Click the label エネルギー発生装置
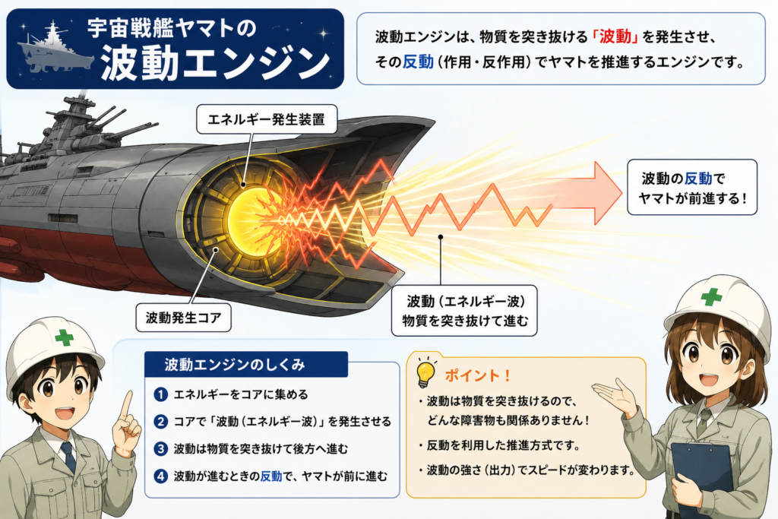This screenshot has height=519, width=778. pos(267,119)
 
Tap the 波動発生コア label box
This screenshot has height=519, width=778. pos(184,318)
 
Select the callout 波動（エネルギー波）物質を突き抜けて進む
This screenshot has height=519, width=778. pos(464,311)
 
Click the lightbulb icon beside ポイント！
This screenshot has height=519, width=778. pos(425,372)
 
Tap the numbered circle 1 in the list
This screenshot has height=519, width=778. pos(161,394)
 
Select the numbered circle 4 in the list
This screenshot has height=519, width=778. pos(161,476)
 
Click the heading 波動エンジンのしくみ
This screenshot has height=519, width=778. pos(235,365)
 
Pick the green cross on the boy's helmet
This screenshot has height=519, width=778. pos(65,337)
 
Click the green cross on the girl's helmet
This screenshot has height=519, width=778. pos(711,296)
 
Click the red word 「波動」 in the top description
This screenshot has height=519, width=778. pos(615,36)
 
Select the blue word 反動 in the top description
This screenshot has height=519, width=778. pos(418,62)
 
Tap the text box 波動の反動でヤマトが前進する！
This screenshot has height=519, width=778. pos(692,187)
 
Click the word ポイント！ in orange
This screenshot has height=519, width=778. pos(477,375)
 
